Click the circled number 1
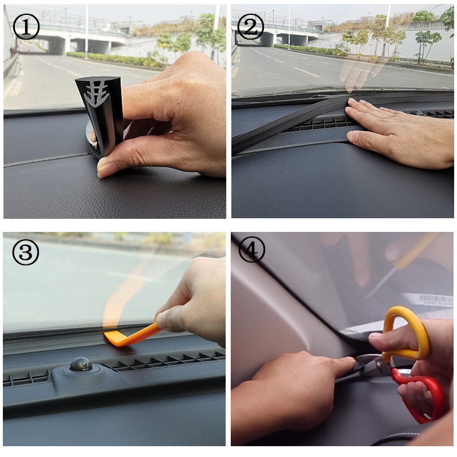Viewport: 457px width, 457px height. click(26, 26)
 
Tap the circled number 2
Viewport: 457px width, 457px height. click(251, 26)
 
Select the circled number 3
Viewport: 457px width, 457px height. click(26, 252)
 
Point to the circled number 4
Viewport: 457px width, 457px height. click(252, 250)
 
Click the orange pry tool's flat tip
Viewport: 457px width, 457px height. click(112, 339)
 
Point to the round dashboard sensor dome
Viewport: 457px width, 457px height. click(81, 364)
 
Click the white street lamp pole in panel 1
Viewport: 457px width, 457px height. click(87, 31)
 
